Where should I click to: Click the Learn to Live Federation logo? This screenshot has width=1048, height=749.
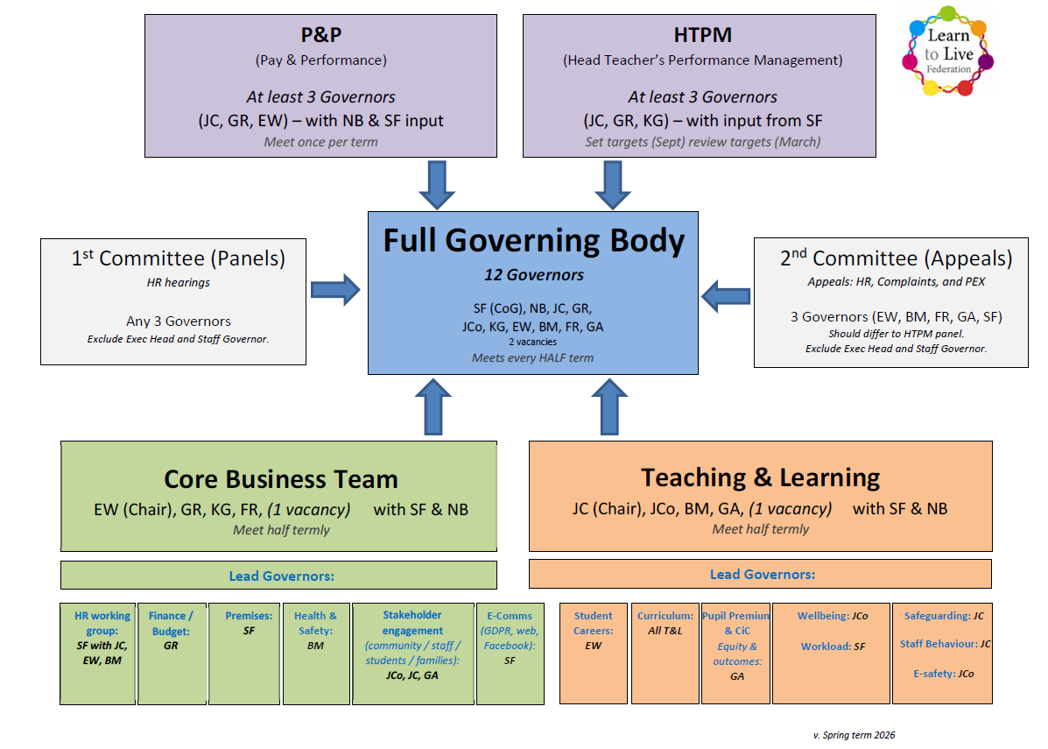[x=948, y=51]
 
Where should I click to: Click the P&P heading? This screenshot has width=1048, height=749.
[x=320, y=36]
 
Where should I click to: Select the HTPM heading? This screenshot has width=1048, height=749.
[x=702, y=36]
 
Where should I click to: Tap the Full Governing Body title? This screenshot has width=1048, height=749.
[x=533, y=240]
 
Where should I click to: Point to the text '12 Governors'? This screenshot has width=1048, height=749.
[x=533, y=275]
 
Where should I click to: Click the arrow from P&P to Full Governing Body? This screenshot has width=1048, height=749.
[x=437, y=185]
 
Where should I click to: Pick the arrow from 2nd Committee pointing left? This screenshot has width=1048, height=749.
[x=727, y=295]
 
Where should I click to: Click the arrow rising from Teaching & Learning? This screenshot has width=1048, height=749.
[x=609, y=407]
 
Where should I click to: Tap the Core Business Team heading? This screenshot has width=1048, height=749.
[x=281, y=479]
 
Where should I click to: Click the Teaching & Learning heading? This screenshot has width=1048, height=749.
[x=760, y=477]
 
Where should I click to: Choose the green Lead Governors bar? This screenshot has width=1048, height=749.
[x=278, y=576]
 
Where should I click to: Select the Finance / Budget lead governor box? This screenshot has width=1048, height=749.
[x=171, y=653]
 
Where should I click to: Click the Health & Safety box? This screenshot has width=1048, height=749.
[x=315, y=653]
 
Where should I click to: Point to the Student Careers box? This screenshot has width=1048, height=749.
[x=593, y=653]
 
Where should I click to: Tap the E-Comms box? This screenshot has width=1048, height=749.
[x=510, y=653]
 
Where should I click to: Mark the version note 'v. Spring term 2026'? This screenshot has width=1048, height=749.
[x=854, y=735]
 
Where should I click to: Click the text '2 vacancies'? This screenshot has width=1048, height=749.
[x=533, y=342]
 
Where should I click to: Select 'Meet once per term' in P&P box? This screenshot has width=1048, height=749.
[x=320, y=142]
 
